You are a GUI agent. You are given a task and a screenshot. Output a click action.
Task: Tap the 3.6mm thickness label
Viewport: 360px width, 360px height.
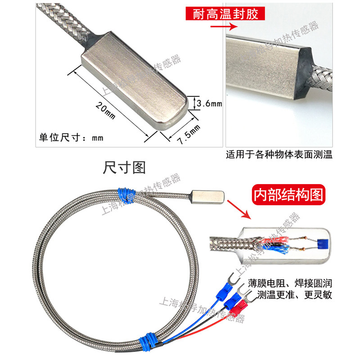point(210,104)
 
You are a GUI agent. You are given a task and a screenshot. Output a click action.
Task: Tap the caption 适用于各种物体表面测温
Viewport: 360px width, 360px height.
point(279,156)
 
